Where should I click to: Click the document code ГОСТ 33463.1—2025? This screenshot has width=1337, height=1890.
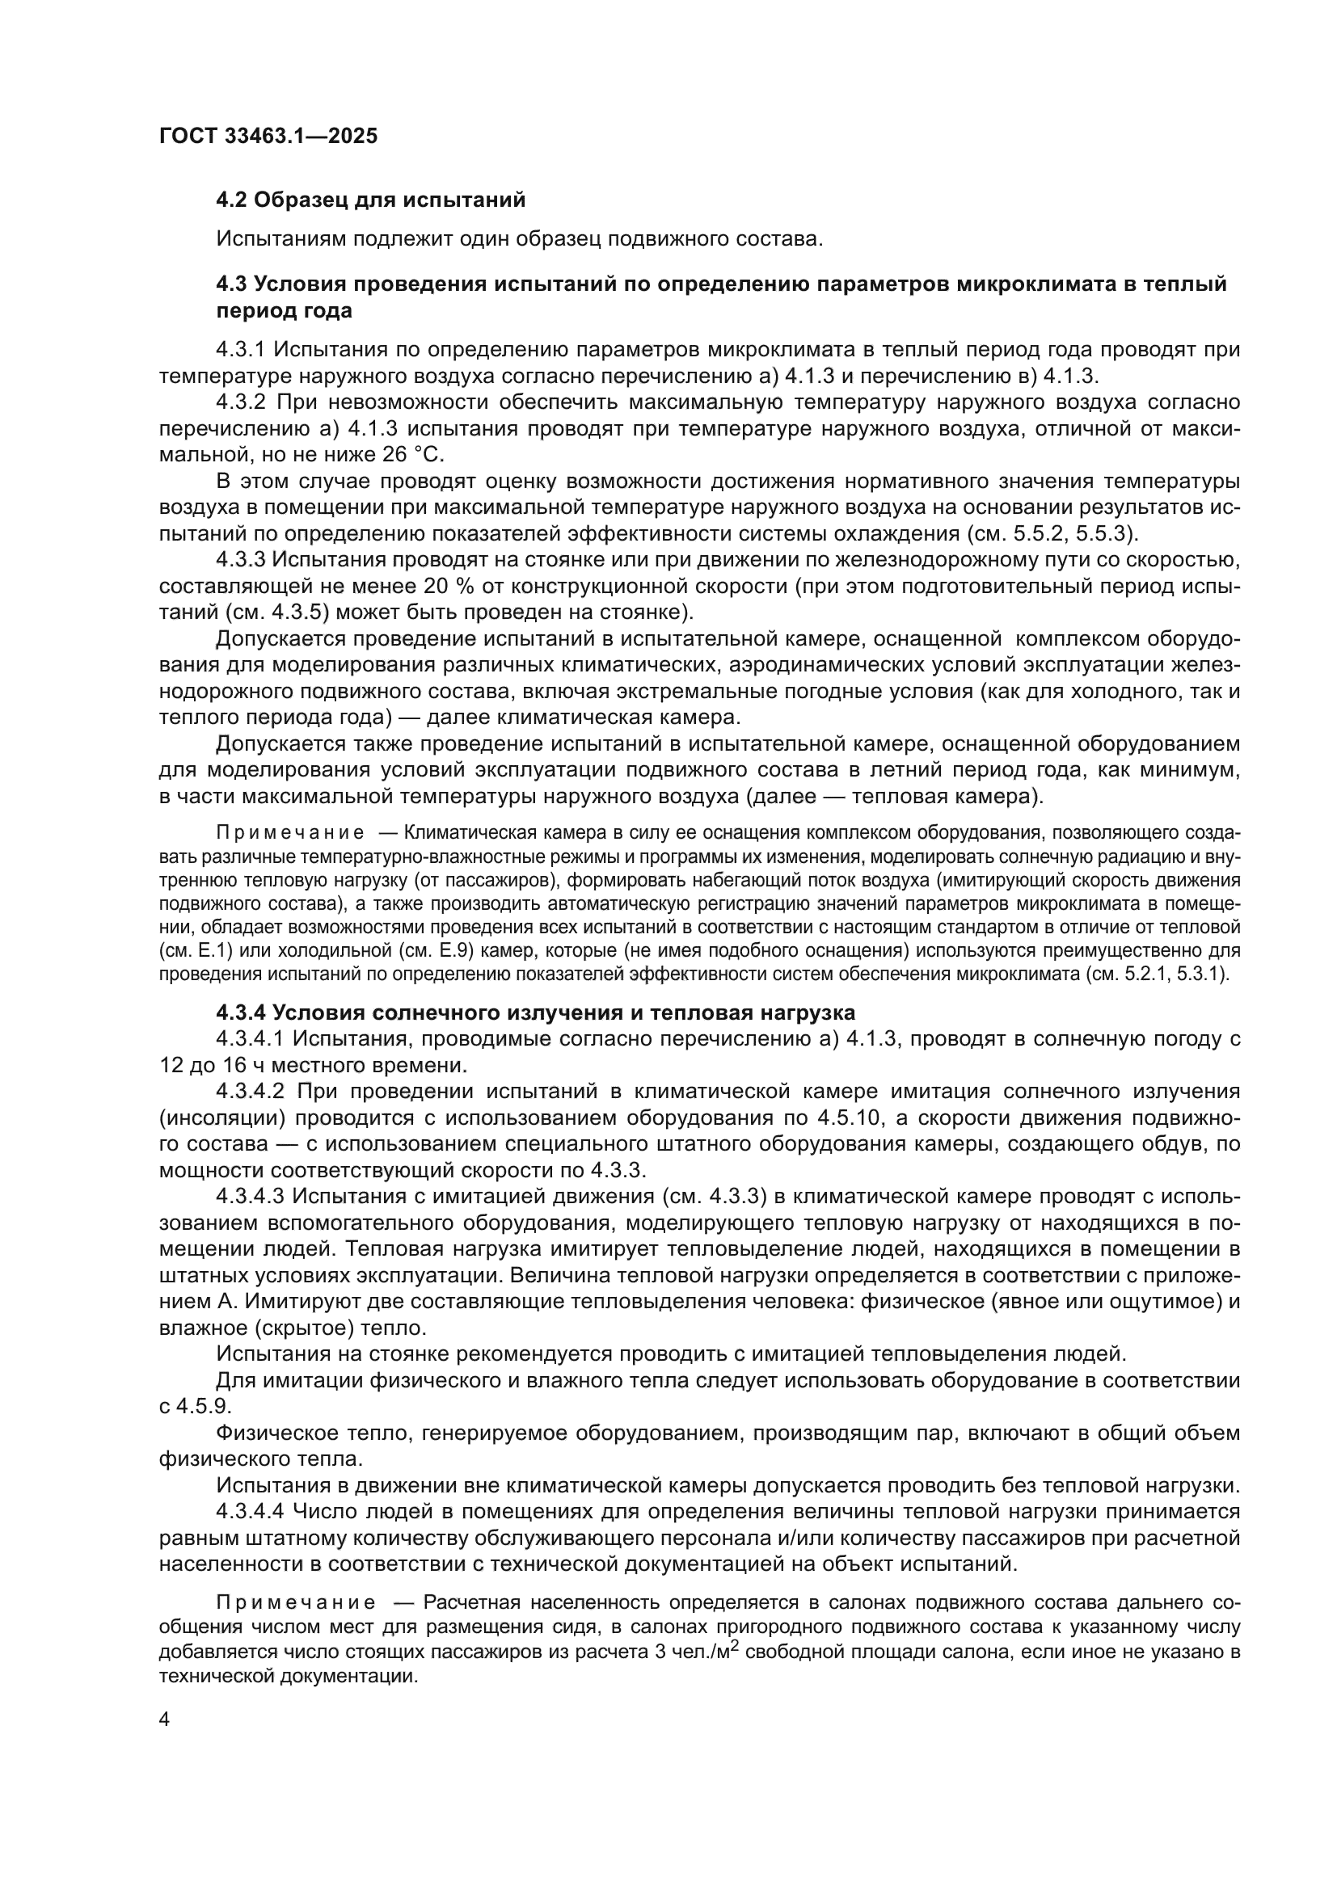tap(268, 136)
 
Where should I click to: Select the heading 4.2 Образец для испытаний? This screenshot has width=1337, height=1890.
tap(370, 200)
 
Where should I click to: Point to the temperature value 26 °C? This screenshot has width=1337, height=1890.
tap(412, 455)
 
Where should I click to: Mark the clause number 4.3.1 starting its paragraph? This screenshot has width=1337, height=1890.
tap(240, 349)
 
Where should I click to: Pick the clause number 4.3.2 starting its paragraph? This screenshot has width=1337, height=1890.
tap(240, 402)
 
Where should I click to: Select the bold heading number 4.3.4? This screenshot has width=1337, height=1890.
tap(241, 1012)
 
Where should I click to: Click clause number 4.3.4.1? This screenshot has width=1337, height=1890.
tap(251, 1038)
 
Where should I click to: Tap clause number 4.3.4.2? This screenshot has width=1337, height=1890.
tap(251, 1091)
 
